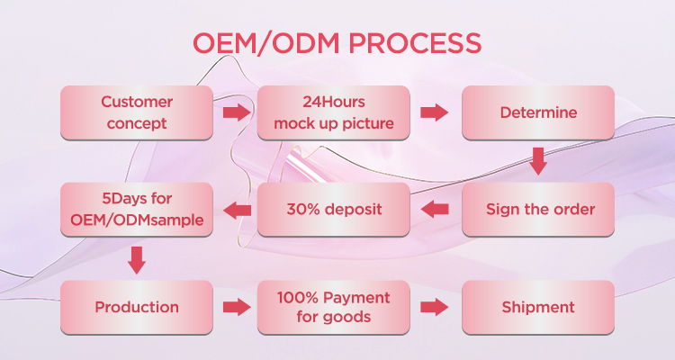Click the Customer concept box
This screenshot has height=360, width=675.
pos(137,112)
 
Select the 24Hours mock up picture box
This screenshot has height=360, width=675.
pos(334,112)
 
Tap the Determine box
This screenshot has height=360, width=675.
pos(538,112)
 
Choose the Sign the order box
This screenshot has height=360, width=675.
pos(538,210)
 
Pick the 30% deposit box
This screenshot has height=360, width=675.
pos(334,210)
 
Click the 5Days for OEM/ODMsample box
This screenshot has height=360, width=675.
pos(137,210)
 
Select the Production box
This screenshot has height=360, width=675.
pos(137,307)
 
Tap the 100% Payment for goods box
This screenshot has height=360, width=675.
pos(334,307)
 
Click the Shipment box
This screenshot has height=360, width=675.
pos(538,307)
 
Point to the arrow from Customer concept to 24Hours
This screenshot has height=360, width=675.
pos(236,112)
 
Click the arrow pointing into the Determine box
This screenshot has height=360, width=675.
pos(435,112)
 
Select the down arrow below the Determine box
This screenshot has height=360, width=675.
pos(538,161)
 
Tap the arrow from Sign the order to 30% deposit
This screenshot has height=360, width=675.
pos(435,210)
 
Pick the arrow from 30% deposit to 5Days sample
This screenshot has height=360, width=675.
pos(236,210)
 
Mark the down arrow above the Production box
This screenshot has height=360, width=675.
pos(137,259)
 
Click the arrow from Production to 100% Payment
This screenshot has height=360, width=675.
pos(236,307)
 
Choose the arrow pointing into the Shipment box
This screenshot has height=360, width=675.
pos(435,307)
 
